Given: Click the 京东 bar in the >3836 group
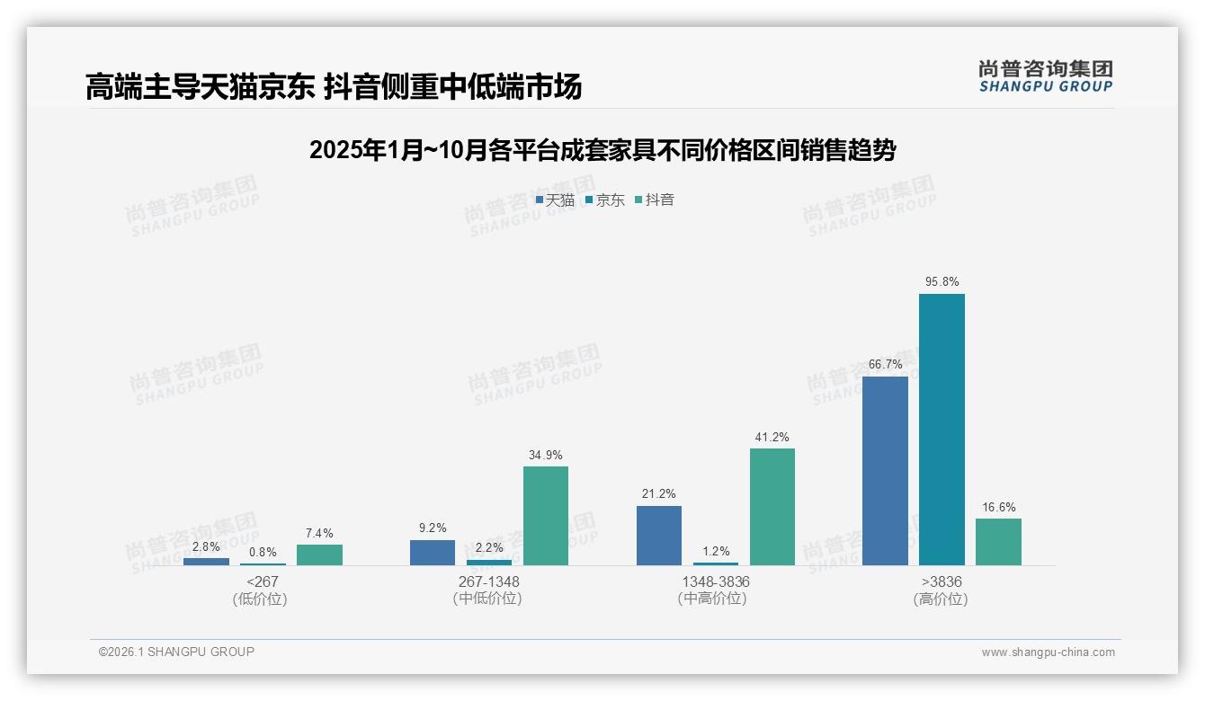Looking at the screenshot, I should [942, 430].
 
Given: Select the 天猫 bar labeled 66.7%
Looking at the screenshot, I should [885, 471].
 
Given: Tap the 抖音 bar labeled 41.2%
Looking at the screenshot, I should [772, 507].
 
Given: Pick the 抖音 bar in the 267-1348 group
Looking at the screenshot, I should [546, 516].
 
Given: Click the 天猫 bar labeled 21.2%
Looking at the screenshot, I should [659, 536].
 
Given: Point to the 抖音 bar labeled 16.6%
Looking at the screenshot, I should [998, 542].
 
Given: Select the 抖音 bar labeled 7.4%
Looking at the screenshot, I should [319, 555].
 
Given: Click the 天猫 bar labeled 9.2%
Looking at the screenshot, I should [433, 553].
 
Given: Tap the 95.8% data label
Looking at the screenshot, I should [942, 282].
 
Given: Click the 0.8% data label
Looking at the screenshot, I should [263, 553].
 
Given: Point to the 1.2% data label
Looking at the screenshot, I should [716, 552].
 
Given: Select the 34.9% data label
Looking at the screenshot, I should [546, 456].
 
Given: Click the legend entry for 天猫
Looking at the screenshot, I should [555, 200].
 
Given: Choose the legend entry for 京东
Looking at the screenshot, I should [605, 200].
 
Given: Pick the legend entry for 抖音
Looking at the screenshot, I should [655, 200].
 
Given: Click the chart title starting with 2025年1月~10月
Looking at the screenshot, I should [602, 150].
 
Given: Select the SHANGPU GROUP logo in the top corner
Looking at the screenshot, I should [1045, 76].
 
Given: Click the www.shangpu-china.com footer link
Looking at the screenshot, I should [1048, 652].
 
